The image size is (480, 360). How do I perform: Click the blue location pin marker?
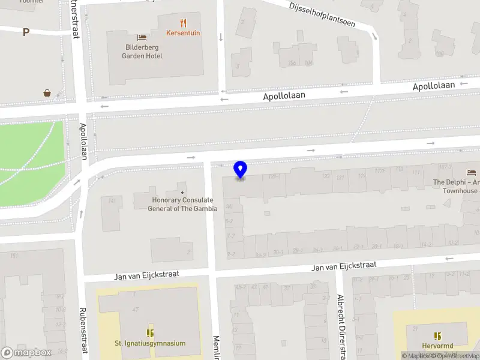(x=241, y=169)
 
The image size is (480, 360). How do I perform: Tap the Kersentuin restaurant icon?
(x=184, y=23)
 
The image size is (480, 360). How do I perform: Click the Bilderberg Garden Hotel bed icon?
(x=142, y=37)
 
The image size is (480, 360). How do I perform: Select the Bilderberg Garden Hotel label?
(x=143, y=52)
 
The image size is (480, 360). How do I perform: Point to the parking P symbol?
(x=26, y=32)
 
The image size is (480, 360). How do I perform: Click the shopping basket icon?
(x=47, y=93)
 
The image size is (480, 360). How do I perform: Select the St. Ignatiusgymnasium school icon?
(x=150, y=332)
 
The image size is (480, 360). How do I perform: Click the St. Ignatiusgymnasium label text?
(x=150, y=344)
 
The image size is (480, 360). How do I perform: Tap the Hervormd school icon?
(x=437, y=336)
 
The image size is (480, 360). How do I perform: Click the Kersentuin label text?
(x=184, y=34)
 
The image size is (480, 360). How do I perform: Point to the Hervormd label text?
(x=437, y=346)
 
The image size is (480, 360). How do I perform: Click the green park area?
(x=30, y=156)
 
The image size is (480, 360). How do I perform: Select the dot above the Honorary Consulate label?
(x=183, y=192)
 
